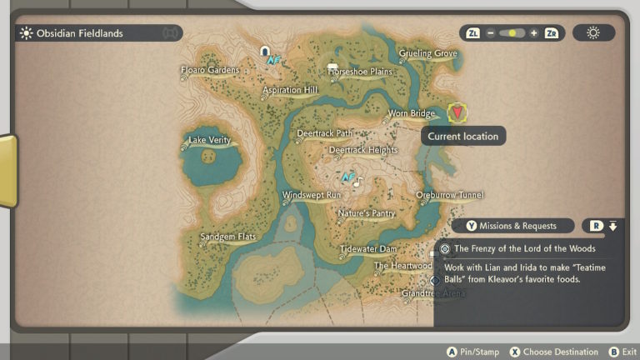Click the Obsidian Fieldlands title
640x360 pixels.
point(80,33)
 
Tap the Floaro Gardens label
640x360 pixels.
point(211,70)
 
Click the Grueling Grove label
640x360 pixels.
point(427,54)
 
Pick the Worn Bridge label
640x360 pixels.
point(411,113)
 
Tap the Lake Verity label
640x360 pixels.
point(209,140)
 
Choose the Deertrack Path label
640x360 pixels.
point(324,133)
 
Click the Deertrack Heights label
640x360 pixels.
point(363,151)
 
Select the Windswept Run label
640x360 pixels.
point(312,195)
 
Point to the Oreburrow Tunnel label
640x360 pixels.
point(450,195)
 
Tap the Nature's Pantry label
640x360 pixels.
point(366,213)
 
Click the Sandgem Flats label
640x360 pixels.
point(227,237)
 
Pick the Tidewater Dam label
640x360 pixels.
point(368,249)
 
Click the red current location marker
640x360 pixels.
point(457,112)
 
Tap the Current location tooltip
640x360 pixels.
point(462,136)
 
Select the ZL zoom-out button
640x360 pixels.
point(473,33)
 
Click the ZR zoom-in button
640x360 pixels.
point(551,33)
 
